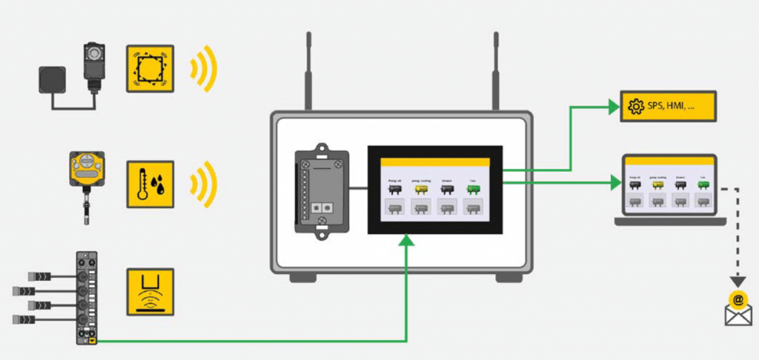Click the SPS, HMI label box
tap(668, 107)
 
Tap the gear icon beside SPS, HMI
tap(635, 107)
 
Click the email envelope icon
tap(738, 310)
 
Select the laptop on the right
tap(669, 190)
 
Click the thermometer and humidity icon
tap(150, 182)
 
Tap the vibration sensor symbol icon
tap(150, 69)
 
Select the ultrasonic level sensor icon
tap(150, 293)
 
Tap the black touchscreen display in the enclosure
tap(435, 189)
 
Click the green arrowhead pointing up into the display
tap(405, 241)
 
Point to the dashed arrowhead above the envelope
tap(737, 282)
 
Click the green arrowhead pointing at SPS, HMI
tap(614, 107)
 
